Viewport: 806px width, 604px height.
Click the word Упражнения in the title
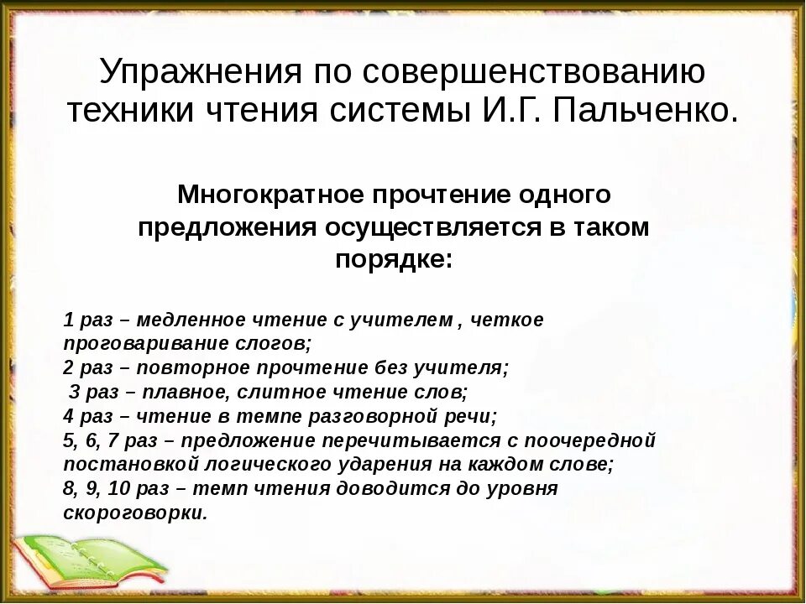[199, 74]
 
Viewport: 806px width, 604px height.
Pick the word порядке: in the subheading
[394, 259]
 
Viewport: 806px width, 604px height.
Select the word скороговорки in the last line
[134, 513]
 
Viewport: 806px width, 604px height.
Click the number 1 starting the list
[68, 320]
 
